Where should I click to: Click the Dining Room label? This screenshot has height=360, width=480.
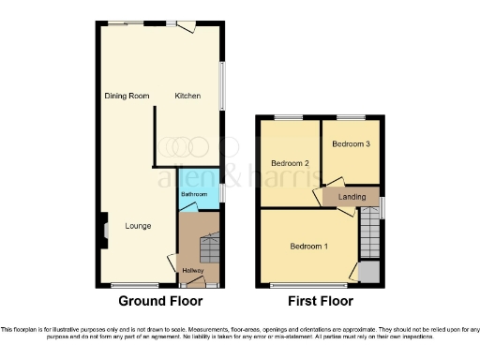tap(127, 96)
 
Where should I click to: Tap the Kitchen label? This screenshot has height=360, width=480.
tap(188, 96)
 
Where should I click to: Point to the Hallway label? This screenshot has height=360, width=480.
tap(193, 271)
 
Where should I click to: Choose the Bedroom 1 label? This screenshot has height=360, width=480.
tap(308, 247)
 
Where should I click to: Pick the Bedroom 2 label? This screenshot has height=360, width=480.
tap(290, 162)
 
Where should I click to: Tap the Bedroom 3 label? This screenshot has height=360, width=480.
tap(351, 143)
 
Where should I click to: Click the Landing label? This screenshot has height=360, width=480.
tap(352, 196)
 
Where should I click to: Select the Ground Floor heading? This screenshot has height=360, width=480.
tap(157, 302)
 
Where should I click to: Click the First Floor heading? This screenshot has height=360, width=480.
tap(321, 302)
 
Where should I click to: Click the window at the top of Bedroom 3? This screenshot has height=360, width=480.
tap(351, 116)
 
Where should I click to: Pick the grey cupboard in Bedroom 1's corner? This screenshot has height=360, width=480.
tap(369, 272)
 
